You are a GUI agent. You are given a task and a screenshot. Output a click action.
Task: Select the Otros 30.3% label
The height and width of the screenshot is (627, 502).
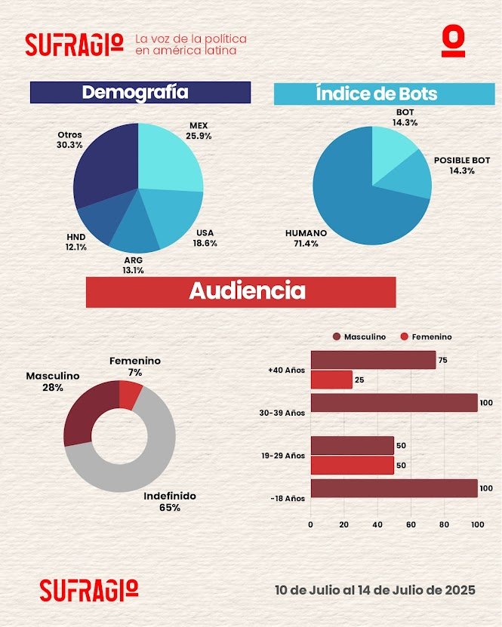pyautogui.click(x=69, y=140)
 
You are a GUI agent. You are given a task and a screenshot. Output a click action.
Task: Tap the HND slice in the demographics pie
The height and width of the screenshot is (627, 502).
pyautogui.click(x=99, y=222)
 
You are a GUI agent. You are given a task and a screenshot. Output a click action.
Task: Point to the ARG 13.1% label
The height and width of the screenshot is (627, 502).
pyautogui.click(x=133, y=265)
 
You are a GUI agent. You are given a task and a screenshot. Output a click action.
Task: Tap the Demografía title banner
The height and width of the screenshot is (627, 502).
pyautogui.click(x=140, y=92)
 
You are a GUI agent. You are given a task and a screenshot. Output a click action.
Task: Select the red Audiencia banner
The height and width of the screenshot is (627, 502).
pyautogui.click(x=241, y=291)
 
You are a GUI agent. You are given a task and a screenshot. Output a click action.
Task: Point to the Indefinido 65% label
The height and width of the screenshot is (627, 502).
pyautogui.click(x=170, y=502)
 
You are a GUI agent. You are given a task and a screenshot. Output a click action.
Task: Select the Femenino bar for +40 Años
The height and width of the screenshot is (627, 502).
pyautogui.click(x=331, y=380)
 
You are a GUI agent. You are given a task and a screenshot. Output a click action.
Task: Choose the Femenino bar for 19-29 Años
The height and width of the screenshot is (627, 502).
pyautogui.click(x=353, y=466)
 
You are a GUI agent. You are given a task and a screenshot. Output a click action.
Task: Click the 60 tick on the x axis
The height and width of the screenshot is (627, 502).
pyautogui.click(x=411, y=524)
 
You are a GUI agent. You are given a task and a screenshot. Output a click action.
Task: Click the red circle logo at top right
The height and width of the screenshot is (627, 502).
pyautogui.click(x=453, y=42)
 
